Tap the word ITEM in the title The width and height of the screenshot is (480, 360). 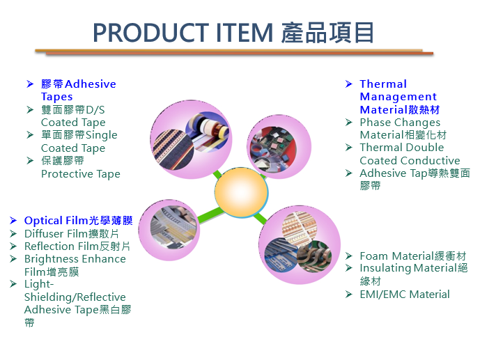(244, 33)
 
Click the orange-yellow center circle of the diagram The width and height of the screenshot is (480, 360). (241, 192)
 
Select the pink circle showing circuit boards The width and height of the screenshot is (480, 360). (279, 147)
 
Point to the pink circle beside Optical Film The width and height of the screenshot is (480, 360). (169, 230)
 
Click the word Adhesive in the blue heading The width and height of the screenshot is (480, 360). (91, 84)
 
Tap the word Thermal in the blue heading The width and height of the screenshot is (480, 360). (383, 84)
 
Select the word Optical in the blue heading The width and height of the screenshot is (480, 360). (43, 221)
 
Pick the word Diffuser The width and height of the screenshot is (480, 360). (44, 234)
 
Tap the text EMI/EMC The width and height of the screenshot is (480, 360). (383, 295)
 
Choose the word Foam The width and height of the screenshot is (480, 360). (374, 256)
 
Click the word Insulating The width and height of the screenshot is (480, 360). (385, 269)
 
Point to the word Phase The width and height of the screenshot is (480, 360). (373, 123)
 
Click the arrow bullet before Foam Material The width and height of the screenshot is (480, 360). (348, 256)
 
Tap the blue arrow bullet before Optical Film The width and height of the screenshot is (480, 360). (13, 220)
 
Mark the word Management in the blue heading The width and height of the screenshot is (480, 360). (398, 97)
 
